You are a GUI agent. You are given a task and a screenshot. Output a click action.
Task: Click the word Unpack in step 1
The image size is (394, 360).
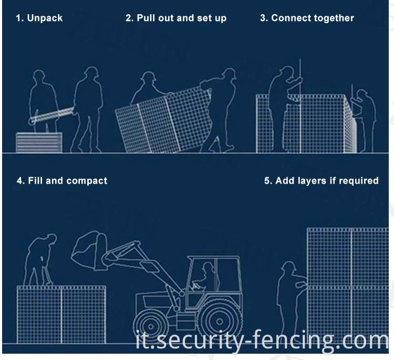point(45,18)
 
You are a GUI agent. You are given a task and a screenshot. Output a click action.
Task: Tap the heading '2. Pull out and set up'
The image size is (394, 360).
point(176,18)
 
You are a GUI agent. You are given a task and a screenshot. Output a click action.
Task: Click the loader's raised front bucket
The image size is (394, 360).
point(90,250)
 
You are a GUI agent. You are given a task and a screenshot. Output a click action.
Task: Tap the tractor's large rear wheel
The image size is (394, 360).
point(220,321)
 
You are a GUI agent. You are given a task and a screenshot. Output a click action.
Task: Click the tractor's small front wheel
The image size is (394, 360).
point(151,326)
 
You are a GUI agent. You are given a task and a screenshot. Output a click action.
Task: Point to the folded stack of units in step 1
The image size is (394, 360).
point(39,142)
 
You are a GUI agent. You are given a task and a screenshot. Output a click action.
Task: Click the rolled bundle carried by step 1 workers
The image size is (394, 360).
point(51,115)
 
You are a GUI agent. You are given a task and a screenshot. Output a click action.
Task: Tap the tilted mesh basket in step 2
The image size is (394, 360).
point(164,120)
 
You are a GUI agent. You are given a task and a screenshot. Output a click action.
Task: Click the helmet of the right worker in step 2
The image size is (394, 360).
point(229,73)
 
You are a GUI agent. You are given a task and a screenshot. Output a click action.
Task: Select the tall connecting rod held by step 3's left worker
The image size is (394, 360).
point(300,105)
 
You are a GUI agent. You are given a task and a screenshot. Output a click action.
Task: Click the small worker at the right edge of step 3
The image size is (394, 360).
point(364,120)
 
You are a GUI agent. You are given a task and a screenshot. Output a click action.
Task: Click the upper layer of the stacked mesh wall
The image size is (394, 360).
point(348,257)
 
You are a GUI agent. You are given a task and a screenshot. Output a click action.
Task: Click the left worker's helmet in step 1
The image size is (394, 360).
point(39,74)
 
